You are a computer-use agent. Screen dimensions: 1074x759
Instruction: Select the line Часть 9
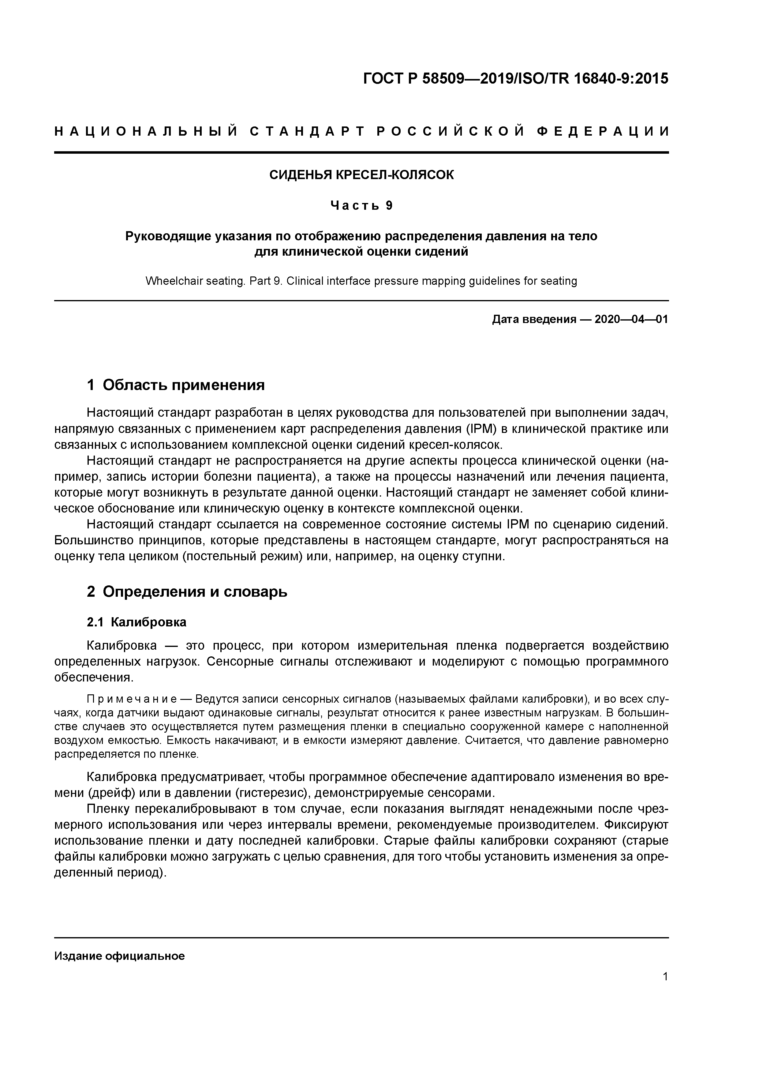tap(361, 205)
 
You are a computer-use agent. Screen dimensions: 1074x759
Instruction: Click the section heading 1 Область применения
tap(176, 385)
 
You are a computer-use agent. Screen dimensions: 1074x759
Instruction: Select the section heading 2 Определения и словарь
tap(187, 592)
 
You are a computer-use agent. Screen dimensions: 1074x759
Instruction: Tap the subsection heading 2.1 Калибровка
tap(136, 622)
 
